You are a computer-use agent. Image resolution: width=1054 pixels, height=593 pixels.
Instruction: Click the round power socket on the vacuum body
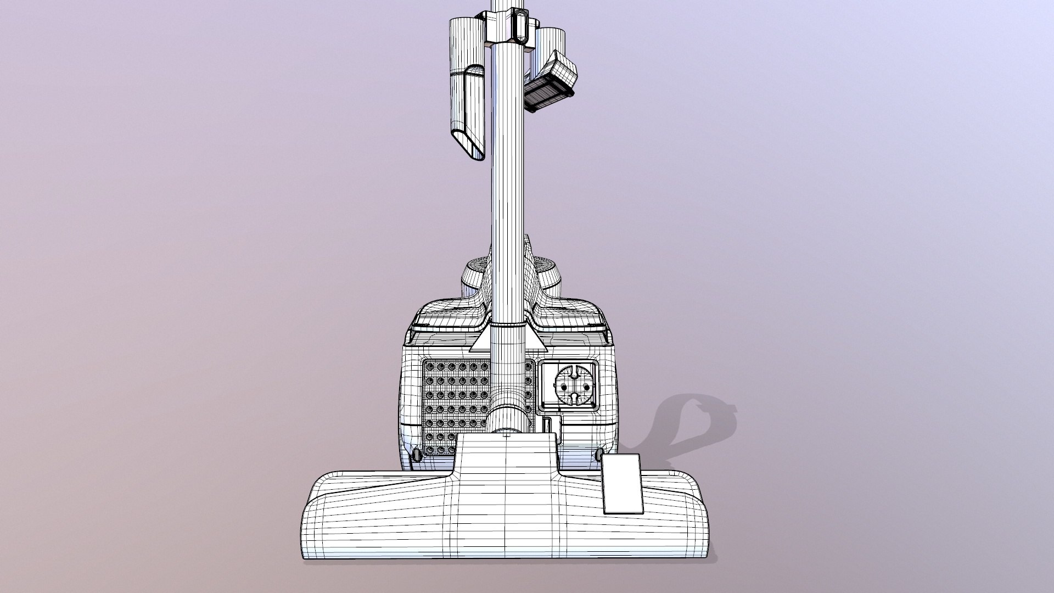click(572, 387)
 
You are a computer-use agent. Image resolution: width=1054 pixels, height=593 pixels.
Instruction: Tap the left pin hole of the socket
click(562, 387)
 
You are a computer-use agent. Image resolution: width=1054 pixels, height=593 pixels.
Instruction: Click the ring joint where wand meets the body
click(507, 325)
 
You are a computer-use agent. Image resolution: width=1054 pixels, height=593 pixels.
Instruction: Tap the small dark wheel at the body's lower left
click(416, 455)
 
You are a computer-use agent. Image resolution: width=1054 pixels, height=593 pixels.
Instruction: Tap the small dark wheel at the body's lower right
click(599, 454)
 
